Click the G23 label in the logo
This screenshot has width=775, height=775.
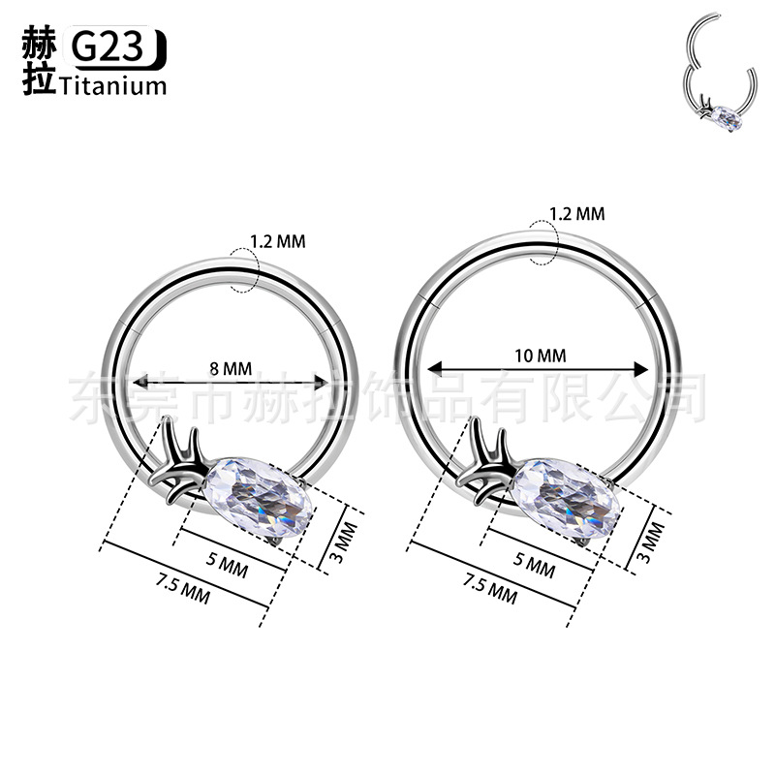click(108, 46)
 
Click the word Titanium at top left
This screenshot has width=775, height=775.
click(113, 86)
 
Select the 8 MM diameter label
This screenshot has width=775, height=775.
click(231, 369)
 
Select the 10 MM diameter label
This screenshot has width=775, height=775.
click(541, 356)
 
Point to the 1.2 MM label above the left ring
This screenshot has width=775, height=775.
click(278, 241)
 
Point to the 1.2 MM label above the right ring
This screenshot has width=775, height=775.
click(577, 214)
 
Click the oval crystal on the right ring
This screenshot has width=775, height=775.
click(567, 491)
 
